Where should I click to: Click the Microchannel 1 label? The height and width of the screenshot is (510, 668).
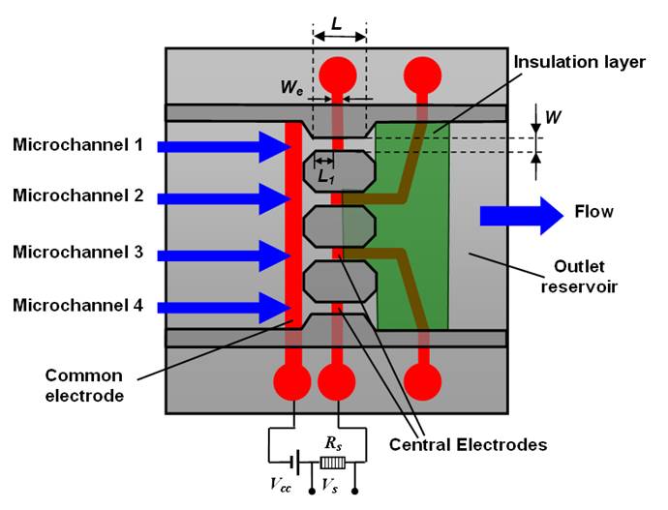tap(77, 145)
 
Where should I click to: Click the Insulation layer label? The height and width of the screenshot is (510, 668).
tap(579, 62)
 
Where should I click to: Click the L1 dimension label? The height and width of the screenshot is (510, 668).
tap(323, 177)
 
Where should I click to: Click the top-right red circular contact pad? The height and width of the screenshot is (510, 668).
tap(422, 73)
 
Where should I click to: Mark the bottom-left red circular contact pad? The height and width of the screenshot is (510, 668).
tap(291, 380)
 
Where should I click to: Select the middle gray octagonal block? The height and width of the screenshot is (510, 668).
tap(339, 225)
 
